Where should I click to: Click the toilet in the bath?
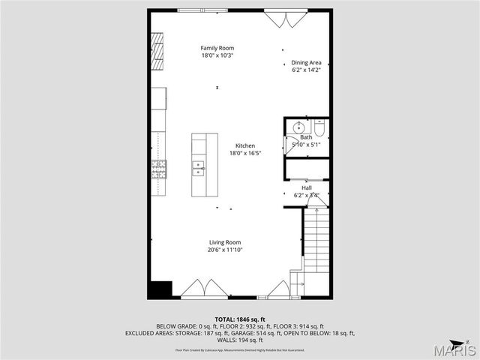pos(319,130)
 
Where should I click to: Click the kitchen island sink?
pos(198,167)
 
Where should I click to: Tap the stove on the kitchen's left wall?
pos(158,169)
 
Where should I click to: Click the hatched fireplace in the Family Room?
pos(157,51)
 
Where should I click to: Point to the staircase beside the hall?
pos(316,240)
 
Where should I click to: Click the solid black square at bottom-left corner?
pos(160,289)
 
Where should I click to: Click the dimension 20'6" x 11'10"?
pos(224,250)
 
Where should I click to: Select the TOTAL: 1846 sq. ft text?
pos(240,319)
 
